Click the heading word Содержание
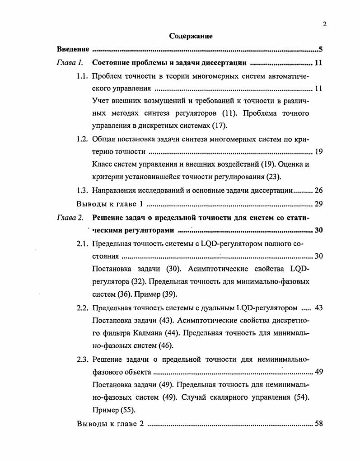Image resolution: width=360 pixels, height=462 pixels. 191,36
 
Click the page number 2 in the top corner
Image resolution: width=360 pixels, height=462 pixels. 324,24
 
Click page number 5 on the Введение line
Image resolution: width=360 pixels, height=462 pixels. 320,49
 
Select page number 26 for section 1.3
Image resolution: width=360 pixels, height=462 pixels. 318,190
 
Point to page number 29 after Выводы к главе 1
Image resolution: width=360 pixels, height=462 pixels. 318,204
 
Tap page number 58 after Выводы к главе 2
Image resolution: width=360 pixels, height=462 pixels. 318,424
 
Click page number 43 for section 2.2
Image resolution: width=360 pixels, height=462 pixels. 318,308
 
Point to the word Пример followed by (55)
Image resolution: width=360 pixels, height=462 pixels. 105,411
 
